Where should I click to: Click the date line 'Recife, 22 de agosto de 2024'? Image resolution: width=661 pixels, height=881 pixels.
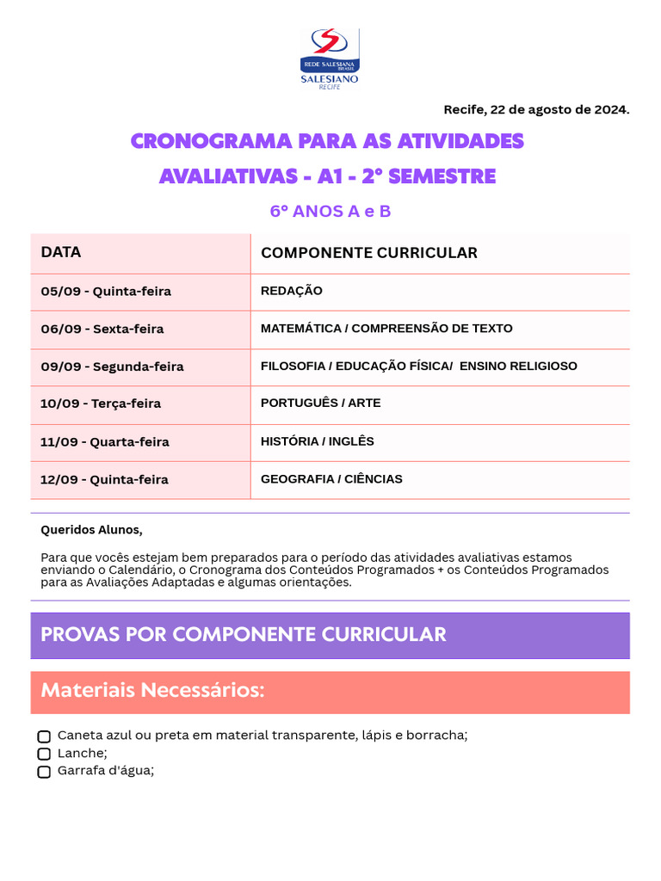pos(536,109)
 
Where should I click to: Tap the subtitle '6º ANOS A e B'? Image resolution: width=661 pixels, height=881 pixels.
pos(330,211)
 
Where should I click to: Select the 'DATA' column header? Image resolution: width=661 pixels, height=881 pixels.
pos(61,252)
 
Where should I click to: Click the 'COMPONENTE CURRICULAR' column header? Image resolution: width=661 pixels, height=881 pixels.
pos(368,252)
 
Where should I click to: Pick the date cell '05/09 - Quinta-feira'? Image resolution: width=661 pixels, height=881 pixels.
pos(106,291)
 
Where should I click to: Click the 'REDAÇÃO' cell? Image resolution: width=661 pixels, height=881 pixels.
pos(291,291)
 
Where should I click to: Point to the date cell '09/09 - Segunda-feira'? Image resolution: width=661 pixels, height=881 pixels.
pos(112,367)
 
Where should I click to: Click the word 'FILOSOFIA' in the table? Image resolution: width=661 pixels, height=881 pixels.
pos(292,367)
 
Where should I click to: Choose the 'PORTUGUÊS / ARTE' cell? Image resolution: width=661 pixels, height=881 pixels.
pos(320,403)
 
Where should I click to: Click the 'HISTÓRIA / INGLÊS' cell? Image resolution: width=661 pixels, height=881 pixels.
pos(317,441)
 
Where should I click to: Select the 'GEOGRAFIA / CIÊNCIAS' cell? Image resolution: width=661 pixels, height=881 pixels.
pos(331,479)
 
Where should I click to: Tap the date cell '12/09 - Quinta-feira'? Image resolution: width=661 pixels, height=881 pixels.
pos(104,479)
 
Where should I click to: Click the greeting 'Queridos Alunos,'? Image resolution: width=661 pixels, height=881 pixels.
pos(91,529)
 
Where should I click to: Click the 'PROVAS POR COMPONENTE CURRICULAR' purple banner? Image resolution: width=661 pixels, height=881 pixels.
pos(330,635)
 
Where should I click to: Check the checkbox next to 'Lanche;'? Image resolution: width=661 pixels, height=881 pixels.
pos(44,754)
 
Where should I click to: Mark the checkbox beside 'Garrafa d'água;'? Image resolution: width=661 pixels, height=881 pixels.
pos(44,772)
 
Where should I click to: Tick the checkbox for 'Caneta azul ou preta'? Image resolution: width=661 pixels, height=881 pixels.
pos(44,736)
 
